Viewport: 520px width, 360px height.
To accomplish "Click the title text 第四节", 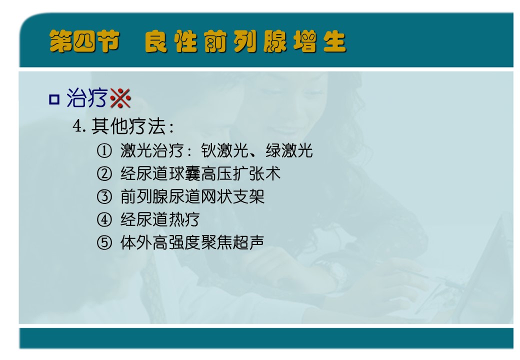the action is pyautogui.click(x=84, y=41).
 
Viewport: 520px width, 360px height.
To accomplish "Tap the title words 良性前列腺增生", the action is pyautogui.click(x=245, y=41).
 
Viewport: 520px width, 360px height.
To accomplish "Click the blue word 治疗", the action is pyautogui.click(x=87, y=98).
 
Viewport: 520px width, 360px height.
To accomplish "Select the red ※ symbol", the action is pyautogui.click(x=120, y=98).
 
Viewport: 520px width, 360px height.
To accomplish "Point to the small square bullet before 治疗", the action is pyautogui.click(x=54, y=99).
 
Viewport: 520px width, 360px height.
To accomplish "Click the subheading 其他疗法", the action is pyautogui.click(x=128, y=126).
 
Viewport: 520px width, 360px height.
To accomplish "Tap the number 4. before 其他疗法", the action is pyautogui.click(x=79, y=126).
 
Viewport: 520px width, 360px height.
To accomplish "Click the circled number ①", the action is pyautogui.click(x=104, y=151).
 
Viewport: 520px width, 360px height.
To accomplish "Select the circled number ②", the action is pyautogui.click(x=104, y=173).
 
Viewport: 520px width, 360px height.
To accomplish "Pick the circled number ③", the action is pyautogui.click(x=104, y=196).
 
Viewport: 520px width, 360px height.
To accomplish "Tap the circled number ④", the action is pyautogui.click(x=104, y=219).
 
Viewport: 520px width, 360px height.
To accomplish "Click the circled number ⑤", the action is pyautogui.click(x=104, y=242).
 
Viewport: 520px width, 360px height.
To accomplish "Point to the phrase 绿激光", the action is pyautogui.click(x=289, y=151).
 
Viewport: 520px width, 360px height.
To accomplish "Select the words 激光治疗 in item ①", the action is pyautogui.click(x=152, y=151).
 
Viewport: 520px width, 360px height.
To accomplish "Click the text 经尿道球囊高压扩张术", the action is pyautogui.click(x=200, y=173).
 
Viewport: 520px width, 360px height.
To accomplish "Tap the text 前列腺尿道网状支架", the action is pyautogui.click(x=192, y=196).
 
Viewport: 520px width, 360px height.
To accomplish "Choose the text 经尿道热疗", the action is pyautogui.click(x=160, y=219).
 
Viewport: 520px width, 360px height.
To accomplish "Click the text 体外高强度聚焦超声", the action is pyautogui.click(x=192, y=242).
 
